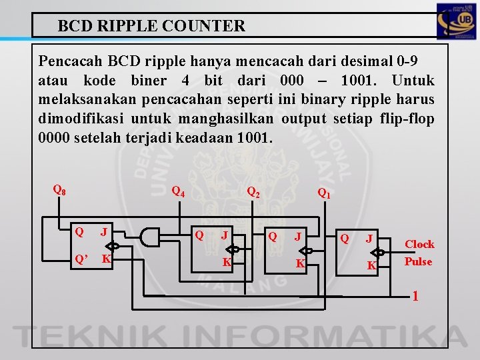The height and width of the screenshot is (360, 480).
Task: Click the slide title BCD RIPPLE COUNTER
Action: (x=151, y=27)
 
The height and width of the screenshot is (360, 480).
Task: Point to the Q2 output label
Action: (x=253, y=192)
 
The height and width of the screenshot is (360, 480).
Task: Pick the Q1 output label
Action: (x=324, y=194)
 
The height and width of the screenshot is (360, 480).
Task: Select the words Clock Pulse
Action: (x=419, y=253)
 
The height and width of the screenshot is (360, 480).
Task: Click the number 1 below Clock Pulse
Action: (x=415, y=294)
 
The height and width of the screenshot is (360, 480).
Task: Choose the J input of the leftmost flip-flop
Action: (x=103, y=232)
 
